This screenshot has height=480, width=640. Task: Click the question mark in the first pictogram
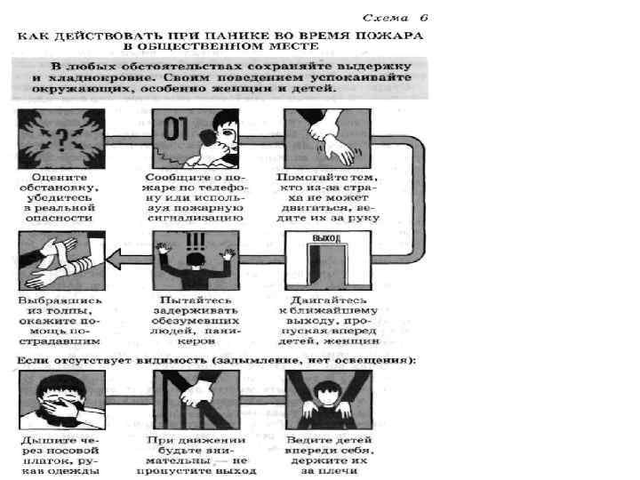coord(60,137)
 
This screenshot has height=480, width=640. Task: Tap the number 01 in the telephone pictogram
coord(175,130)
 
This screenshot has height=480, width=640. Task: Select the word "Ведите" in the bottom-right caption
coord(308,439)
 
